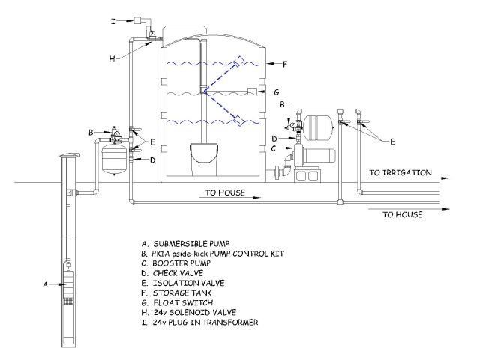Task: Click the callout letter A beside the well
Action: [x=46, y=284]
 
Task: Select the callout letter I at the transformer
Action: [x=113, y=22]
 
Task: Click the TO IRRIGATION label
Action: [x=400, y=172]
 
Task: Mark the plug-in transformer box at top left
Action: [x=139, y=20]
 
